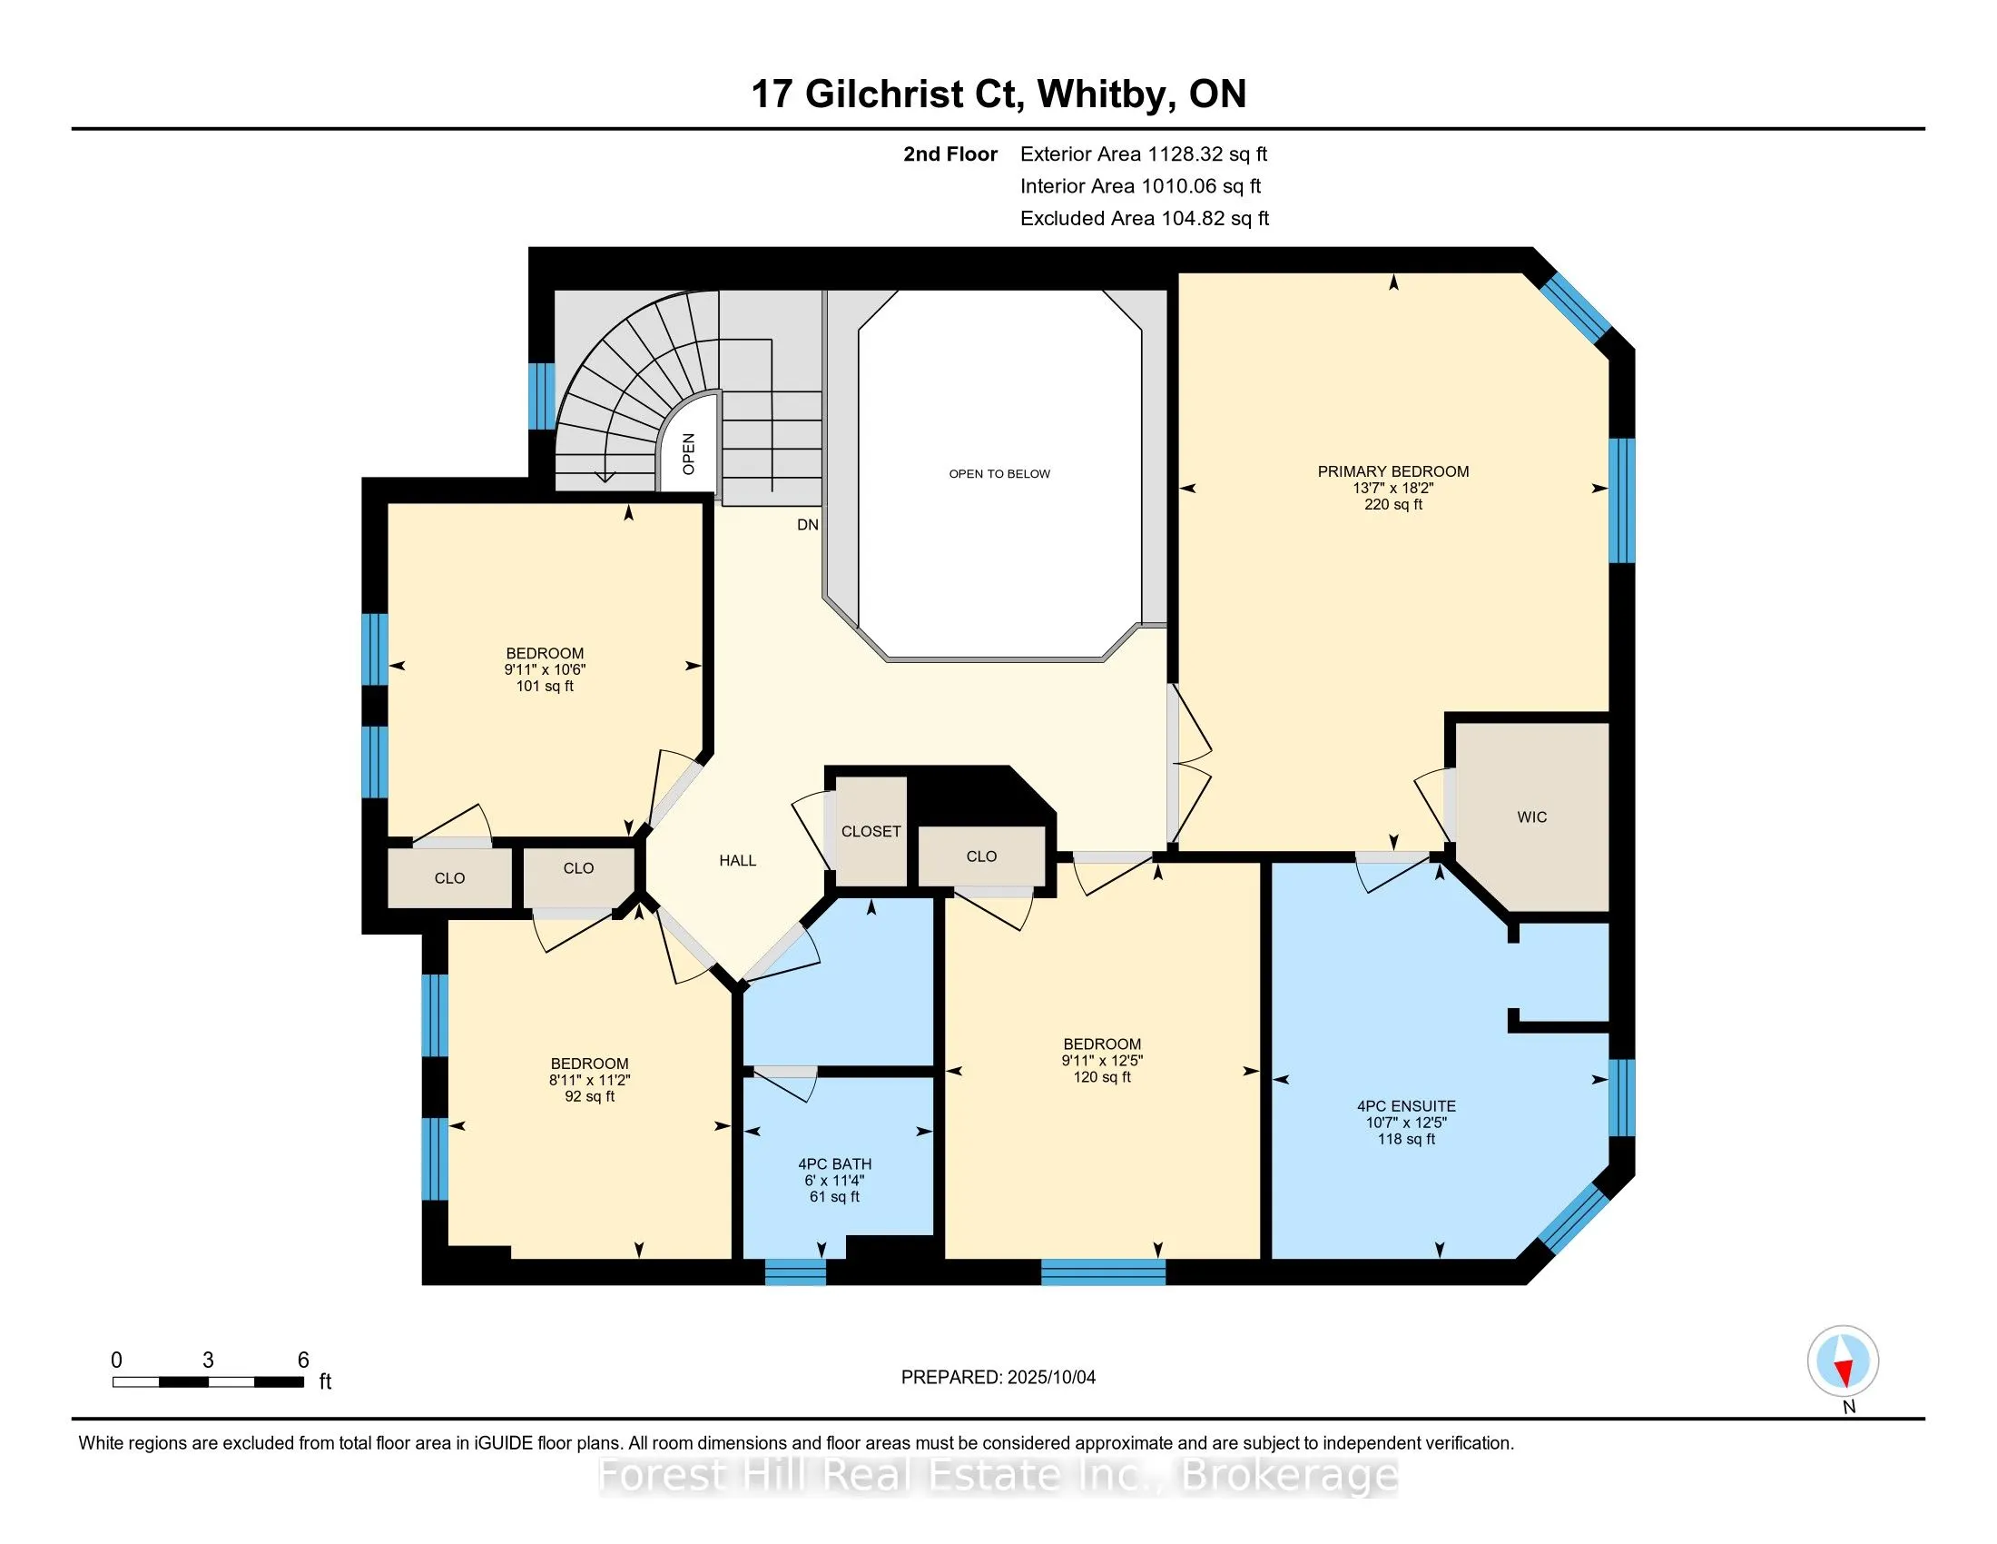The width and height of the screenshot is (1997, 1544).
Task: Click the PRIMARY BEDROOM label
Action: click(1392, 471)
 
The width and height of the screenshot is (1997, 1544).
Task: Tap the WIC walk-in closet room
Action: click(1531, 817)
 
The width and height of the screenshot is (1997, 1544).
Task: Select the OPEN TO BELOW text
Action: click(999, 474)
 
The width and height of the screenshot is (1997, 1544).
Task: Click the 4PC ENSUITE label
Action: click(1406, 1106)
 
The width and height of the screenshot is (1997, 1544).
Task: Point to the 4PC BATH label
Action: click(835, 1164)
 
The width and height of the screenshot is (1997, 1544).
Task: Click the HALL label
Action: click(738, 861)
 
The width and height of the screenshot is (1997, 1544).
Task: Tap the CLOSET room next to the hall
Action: click(871, 831)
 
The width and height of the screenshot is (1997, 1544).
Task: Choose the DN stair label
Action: click(807, 525)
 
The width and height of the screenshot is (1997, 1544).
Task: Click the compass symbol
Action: click(1844, 1361)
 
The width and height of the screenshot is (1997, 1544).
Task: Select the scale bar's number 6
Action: click(303, 1361)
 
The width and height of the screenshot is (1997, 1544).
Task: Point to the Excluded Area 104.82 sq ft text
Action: click(1145, 219)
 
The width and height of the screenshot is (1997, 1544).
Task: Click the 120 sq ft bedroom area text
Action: click(1102, 1077)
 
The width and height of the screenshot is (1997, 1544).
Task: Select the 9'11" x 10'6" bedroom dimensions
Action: click(545, 669)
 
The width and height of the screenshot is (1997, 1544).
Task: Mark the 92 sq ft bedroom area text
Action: click(590, 1097)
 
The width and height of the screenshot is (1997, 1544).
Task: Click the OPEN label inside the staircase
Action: click(689, 455)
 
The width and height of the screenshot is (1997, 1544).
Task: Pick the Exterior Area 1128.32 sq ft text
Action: click(1144, 154)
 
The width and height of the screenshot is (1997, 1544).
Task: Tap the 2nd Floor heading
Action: click(950, 154)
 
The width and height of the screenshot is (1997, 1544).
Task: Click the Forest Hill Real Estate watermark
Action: click(998, 1475)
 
